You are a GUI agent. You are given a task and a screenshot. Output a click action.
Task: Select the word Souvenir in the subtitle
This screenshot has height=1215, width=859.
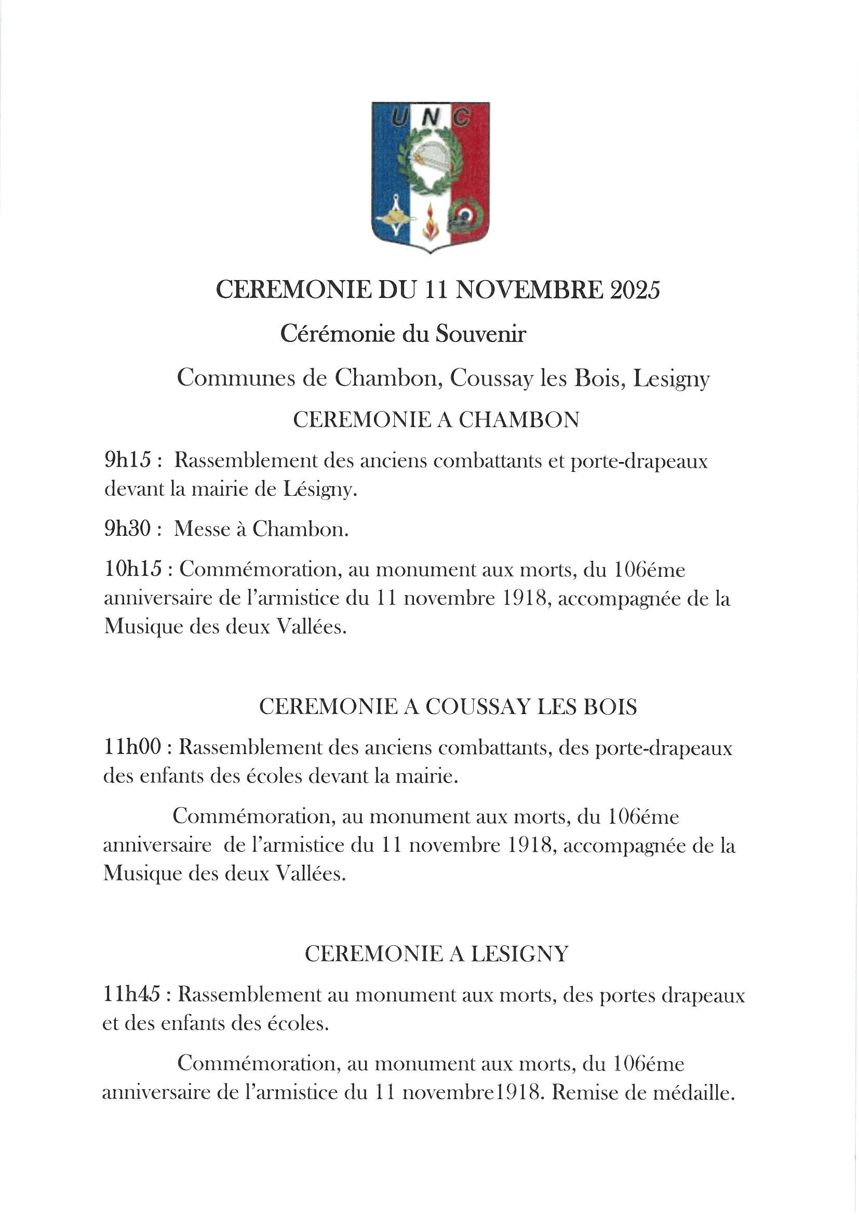(480, 334)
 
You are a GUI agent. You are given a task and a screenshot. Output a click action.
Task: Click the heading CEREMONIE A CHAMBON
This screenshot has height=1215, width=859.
(436, 420)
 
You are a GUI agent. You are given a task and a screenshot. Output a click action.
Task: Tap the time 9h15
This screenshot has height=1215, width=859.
(128, 461)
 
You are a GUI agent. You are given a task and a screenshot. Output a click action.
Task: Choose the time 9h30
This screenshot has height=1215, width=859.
(128, 529)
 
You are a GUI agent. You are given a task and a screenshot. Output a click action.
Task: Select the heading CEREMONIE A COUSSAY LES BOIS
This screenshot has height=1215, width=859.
(448, 707)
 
